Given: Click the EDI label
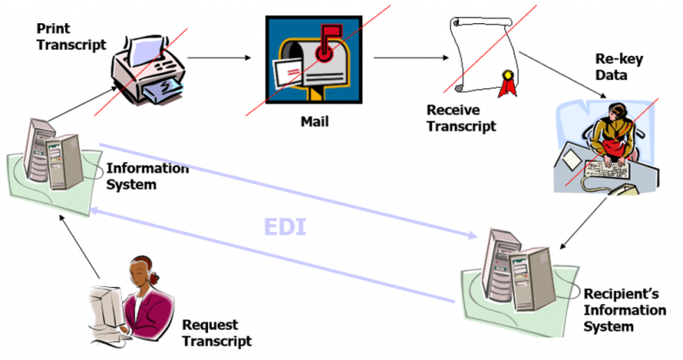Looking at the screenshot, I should (285, 226).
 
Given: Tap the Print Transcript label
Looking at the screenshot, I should (70, 36).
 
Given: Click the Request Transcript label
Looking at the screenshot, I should (216, 332).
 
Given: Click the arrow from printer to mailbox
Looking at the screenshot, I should (219, 59).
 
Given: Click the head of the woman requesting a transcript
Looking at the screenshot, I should (141, 271).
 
